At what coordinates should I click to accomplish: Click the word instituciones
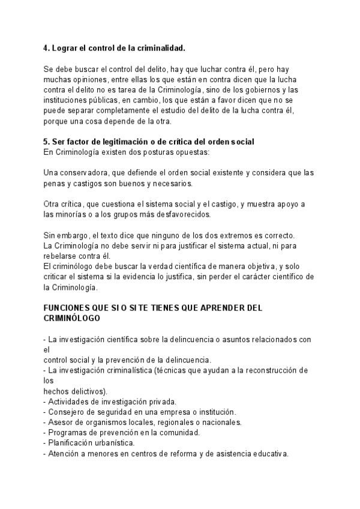[67, 100]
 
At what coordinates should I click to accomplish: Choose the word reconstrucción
[271, 370]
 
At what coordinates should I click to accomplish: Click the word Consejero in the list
[68, 412]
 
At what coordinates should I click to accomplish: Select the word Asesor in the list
[61, 422]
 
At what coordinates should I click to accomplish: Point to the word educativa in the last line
[269, 454]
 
